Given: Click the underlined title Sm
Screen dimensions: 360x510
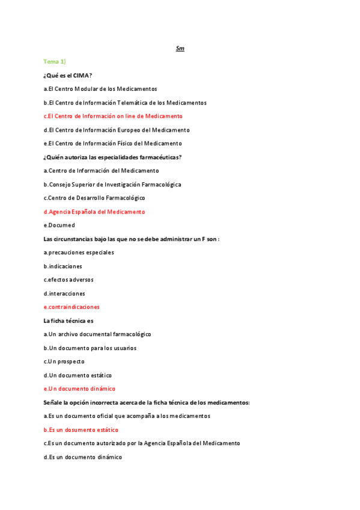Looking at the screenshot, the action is point(180,48).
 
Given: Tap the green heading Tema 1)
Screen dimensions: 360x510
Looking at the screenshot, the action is point(55,61).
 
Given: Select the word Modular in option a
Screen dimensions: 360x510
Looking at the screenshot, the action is point(93,89).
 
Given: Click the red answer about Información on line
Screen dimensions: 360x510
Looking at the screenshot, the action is point(113,116).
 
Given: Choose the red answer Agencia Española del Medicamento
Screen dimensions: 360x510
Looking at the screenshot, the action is point(94,212).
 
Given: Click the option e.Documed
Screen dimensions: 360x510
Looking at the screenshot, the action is point(59,226).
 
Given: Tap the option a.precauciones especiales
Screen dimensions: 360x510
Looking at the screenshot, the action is point(79,253).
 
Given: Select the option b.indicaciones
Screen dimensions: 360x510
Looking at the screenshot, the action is point(63,266).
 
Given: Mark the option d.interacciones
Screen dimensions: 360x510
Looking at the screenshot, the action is point(64,293).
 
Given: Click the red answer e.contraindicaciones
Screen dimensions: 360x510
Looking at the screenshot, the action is point(72,307).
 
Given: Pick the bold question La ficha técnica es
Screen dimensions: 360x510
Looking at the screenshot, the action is point(69,321).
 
